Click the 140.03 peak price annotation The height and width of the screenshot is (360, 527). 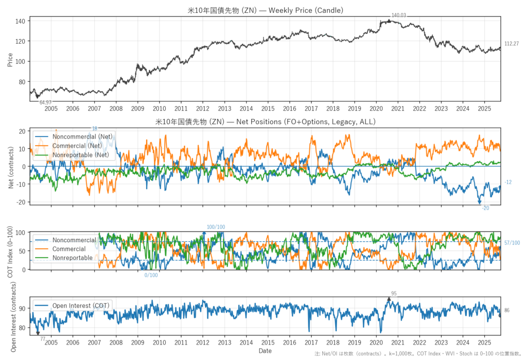point(399,15)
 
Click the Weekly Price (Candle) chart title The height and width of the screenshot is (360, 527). point(265,10)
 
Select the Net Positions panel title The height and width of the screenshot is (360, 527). point(265,122)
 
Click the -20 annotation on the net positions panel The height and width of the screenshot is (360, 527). point(485,208)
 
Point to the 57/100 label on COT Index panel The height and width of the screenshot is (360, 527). point(512,243)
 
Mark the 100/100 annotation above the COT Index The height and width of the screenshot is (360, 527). point(216,227)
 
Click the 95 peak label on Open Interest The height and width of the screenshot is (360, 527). point(394,294)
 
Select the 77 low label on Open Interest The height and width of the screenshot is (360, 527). point(43,339)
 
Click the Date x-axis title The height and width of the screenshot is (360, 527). point(265,351)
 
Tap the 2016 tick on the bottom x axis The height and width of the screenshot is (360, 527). point(290,342)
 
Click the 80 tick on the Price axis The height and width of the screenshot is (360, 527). point(22,82)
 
